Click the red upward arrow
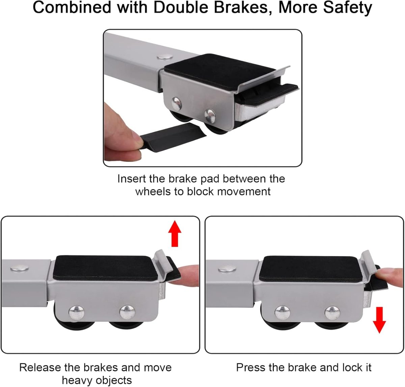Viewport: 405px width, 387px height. click(174, 233)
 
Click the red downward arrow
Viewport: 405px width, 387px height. click(379, 320)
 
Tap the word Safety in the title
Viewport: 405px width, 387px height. click(348, 7)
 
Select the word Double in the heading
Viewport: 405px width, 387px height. click(181, 7)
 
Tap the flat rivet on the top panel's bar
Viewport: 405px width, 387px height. click(165, 56)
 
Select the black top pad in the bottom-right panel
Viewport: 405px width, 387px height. click(309, 269)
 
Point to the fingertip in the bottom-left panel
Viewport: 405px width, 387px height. click(184, 276)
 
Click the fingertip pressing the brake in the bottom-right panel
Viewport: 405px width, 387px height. click(389, 277)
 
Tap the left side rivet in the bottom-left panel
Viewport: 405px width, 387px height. click(77, 312)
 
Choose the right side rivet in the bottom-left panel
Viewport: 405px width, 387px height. click(127, 312)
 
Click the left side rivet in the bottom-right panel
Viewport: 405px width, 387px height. click(282, 313)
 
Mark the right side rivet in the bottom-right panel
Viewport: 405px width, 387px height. click(332, 313)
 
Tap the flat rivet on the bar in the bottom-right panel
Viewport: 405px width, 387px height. click(227, 269)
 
